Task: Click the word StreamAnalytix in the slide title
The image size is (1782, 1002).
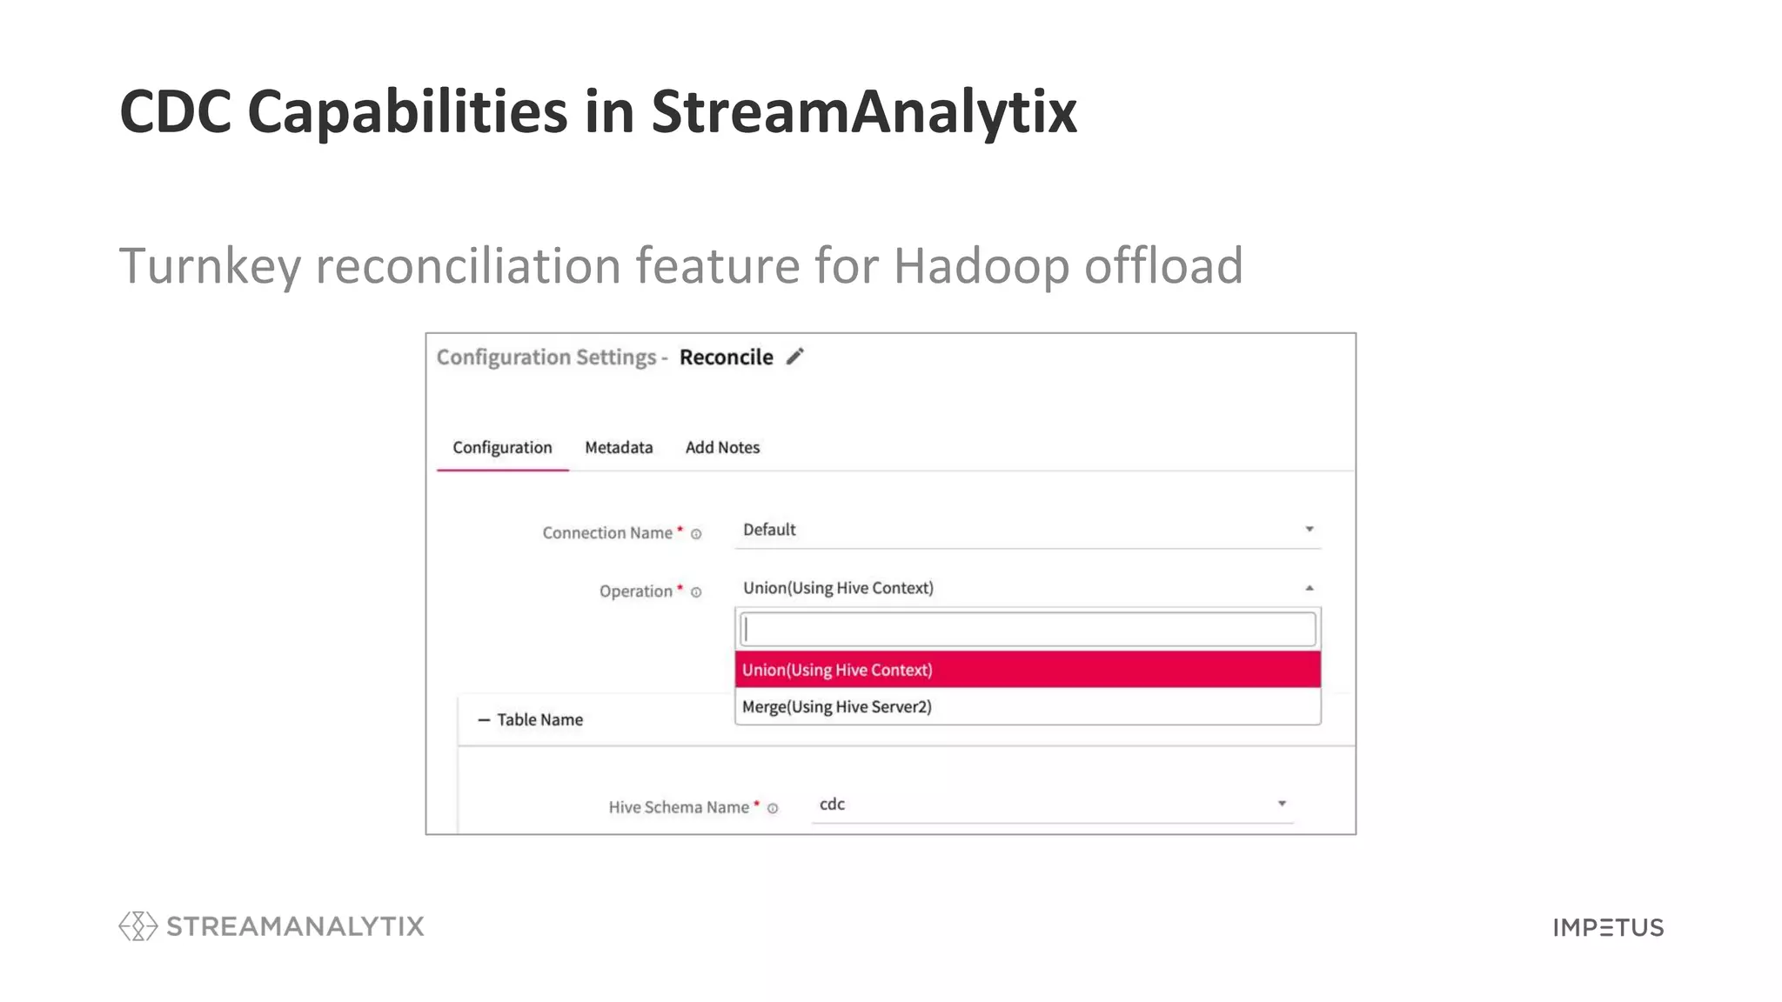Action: [x=863, y=113]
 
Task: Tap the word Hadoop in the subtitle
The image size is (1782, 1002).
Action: [x=981, y=266]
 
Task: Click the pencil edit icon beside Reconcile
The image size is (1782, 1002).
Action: [x=794, y=357]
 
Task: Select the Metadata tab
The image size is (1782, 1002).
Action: [x=618, y=447]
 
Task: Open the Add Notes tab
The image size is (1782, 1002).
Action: [x=721, y=447]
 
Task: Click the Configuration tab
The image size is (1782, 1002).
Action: [x=502, y=447]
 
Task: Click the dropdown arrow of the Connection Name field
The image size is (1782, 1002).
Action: [x=1309, y=529]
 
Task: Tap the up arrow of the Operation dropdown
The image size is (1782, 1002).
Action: [x=1309, y=588]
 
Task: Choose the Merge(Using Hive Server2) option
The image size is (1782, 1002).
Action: [x=836, y=706]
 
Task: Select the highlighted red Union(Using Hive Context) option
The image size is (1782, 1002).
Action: [x=836, y=670]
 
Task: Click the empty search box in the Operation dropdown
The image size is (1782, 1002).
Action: [x=1027, y=629]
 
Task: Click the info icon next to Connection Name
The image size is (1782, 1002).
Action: [x=696, y=534]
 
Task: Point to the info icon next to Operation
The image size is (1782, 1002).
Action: [x=696, y=592]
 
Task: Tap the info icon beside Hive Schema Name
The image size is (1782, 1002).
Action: [x=772, y=808]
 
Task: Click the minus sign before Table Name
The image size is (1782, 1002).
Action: [x=484, y=720]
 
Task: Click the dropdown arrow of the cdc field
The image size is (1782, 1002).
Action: [x=1281, y=803]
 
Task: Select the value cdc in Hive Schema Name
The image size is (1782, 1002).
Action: [x=832, y=804]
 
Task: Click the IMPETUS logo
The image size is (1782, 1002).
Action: [x=1607, y=927]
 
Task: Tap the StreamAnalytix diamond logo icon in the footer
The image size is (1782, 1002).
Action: [x=137, y=925]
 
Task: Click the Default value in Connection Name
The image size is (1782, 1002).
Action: [x=769, y=530]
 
